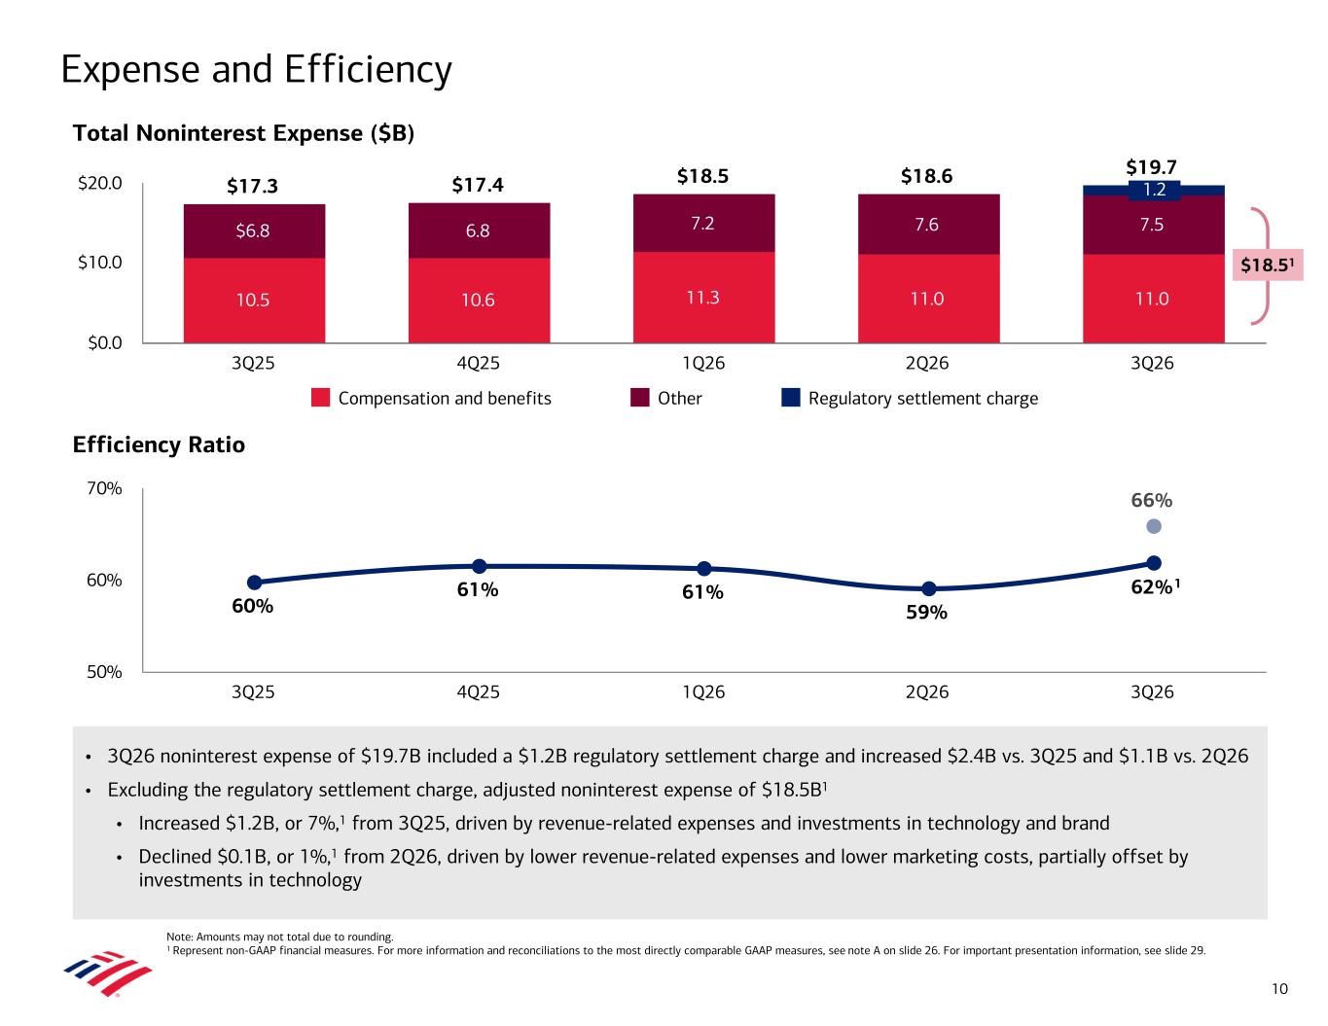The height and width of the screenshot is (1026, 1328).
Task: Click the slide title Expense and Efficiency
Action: coord(256,70)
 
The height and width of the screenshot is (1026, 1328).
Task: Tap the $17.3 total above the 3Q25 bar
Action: coord(252,185)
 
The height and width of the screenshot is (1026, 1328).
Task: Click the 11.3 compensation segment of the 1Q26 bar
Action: coord(703,298)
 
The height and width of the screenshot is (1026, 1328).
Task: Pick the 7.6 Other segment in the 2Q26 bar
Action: coord(928,224)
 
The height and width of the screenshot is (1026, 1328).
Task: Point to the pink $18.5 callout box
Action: coord(1268,265)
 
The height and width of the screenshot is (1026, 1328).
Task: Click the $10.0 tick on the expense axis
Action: coord(99,263)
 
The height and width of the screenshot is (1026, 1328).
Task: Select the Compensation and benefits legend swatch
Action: coord(320,398)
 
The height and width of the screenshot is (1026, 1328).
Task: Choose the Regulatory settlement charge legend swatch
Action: coord(791,398)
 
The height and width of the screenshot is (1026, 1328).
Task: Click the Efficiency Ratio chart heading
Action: coord(159,444)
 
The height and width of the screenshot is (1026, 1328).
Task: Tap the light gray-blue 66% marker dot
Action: coord(1153,526)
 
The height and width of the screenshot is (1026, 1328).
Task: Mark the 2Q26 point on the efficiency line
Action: coord(928,588)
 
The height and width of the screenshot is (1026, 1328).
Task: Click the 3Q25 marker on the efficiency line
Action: coord(254,583)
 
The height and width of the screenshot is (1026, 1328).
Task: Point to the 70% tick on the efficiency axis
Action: coord(104,488)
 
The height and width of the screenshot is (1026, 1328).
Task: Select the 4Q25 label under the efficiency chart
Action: coord(478,691)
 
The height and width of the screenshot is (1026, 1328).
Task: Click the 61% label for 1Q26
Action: coord(702,592)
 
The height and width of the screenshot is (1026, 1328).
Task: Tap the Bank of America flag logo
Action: coord(108,973)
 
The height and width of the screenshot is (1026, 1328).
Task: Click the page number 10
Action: coord(1279,989)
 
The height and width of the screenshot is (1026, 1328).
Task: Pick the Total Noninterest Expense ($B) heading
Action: coord(243,133)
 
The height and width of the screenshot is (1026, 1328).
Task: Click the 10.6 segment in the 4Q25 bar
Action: coord(479,300)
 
